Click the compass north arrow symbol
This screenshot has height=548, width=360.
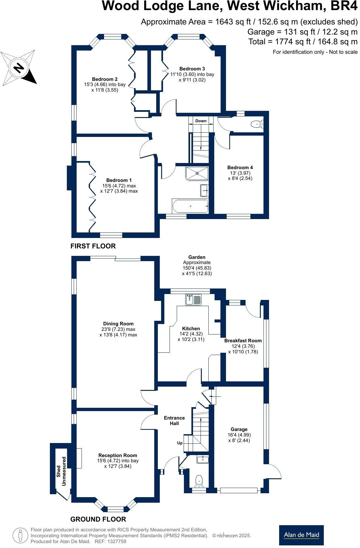(x=19, y=67)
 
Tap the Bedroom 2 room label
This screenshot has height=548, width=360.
(x=104, y=84)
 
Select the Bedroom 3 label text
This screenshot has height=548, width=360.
(x=192, y=74)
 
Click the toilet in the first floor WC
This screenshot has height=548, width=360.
(x=256, y=124)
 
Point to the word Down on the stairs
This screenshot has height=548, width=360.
(x=201, y=121)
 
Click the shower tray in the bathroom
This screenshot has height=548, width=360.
(x=197, y=173)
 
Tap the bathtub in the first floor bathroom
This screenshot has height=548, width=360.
(x=190, y=206)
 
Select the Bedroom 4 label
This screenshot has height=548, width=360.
(x=240, y=173)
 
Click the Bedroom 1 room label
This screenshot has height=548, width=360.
(x=119, y=185)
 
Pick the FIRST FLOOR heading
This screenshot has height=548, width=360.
(x=93, y=246)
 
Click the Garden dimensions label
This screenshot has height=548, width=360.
(x=197, y=265)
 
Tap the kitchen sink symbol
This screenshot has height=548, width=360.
(x=194, y=300)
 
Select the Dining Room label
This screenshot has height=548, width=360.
(x=118, y=329)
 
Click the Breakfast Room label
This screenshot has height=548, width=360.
(x=243, y=346)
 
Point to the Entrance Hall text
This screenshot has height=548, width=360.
(x=174, y=421)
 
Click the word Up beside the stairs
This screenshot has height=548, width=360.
(x=180, y=443)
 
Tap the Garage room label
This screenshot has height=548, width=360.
(x=239, y=435)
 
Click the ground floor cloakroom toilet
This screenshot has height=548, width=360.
(x=199, y=480)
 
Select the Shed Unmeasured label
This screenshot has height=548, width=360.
(x=61, y=471)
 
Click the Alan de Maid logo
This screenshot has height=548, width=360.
(x=301, y=535)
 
